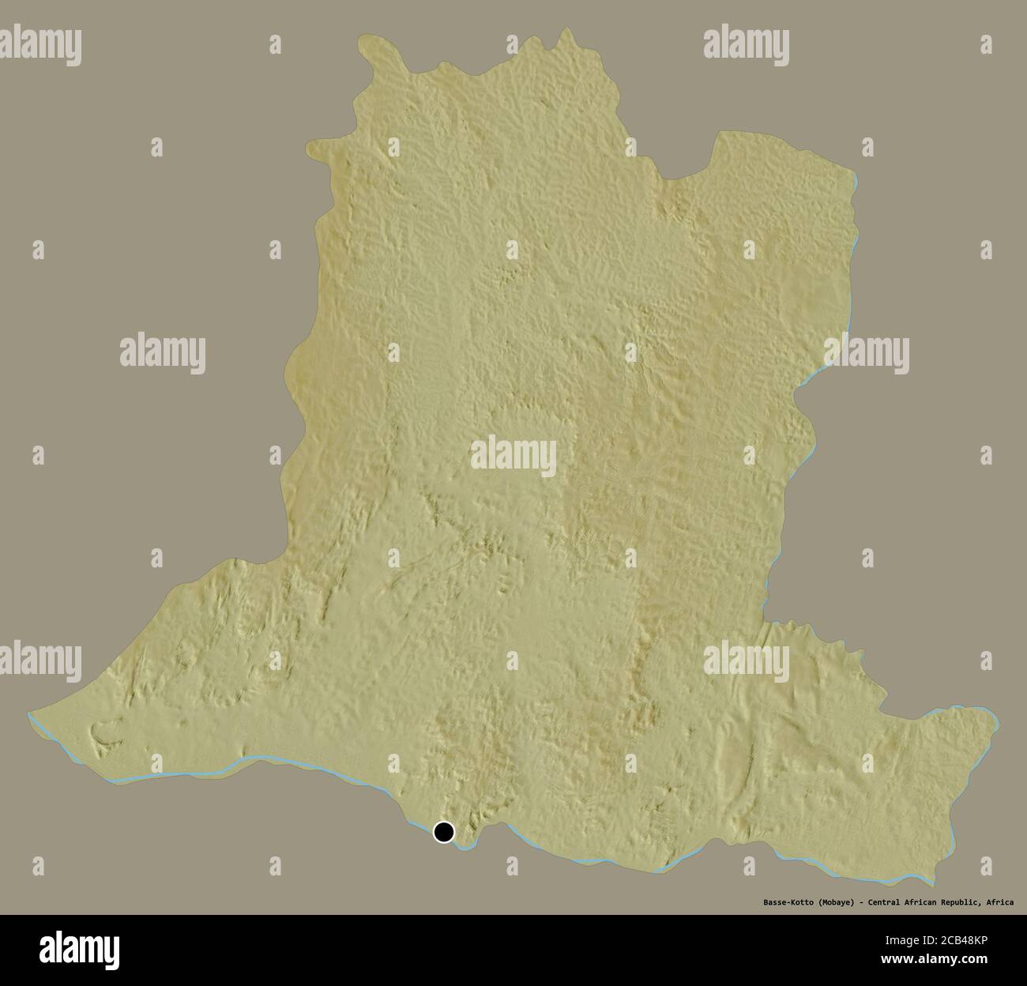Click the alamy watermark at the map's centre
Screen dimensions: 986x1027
(x=513, y=455)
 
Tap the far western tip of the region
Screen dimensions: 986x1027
(x=28, y=713)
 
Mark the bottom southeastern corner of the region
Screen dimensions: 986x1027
(x=934, y=886)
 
